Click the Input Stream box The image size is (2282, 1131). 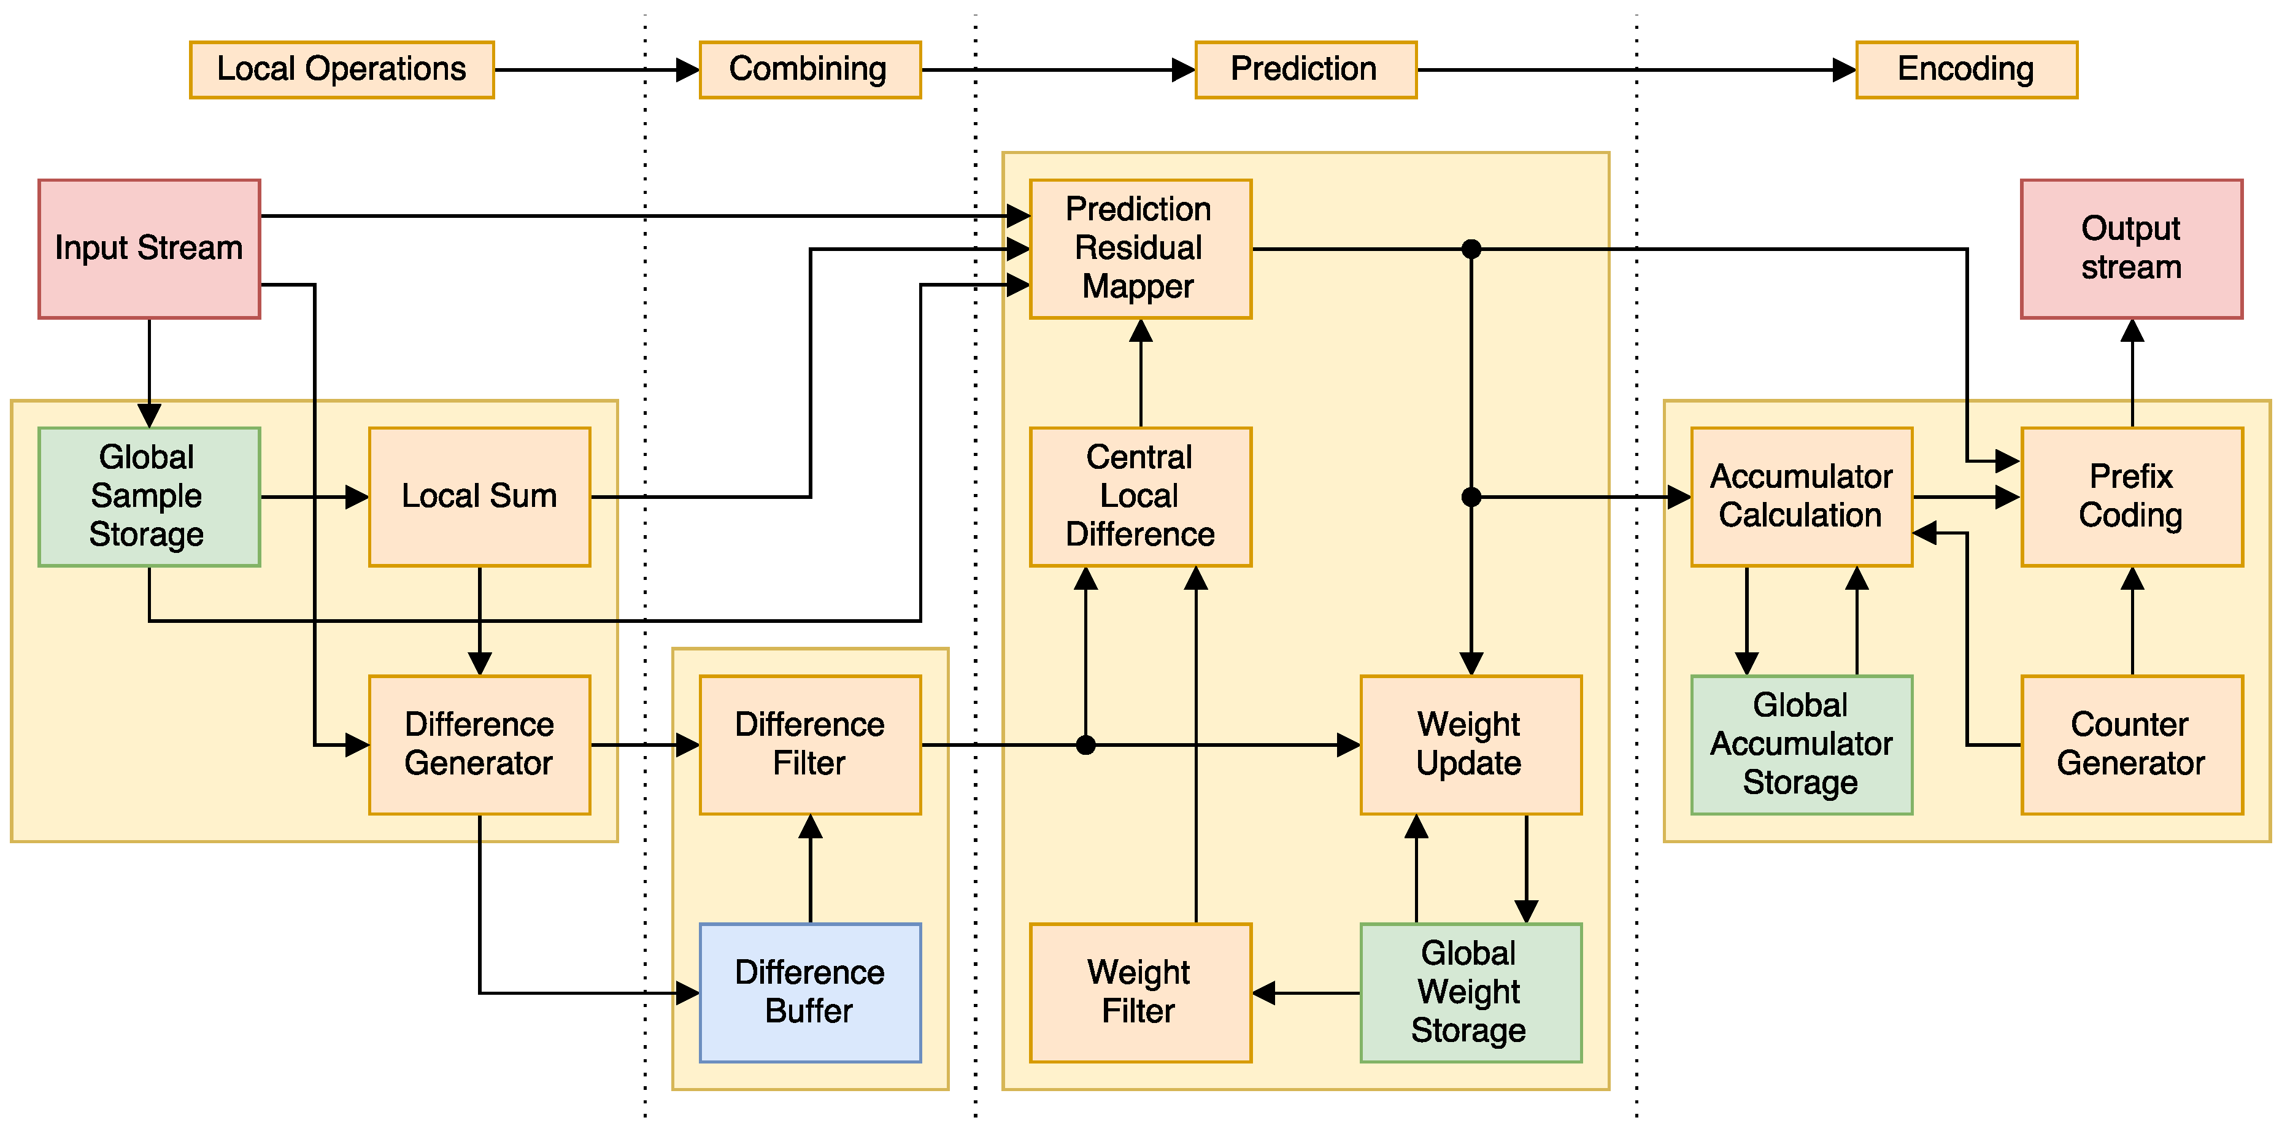(149, 249)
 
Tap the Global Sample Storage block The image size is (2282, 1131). (149, 497)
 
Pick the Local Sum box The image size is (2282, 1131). (479, 497)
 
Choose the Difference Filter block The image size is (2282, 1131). (810, 745)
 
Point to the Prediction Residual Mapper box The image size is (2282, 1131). (1140, 249)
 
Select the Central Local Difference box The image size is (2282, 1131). (1140, 497)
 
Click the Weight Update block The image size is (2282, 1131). (1471, 745)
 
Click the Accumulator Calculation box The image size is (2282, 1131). (1801, 497)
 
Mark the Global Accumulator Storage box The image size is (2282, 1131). (1801, 745)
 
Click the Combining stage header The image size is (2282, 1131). (810, 69)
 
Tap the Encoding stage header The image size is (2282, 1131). (1966, 69)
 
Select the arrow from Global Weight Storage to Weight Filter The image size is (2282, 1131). (1306, 993)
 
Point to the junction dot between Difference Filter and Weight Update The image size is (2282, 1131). (1086, 745)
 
